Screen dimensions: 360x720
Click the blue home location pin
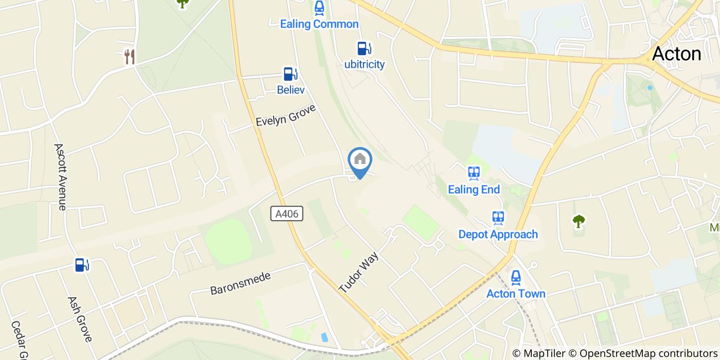tap(360, 160)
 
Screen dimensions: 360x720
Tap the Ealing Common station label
tap(319, 24)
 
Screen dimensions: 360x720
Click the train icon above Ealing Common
tap(319, 8)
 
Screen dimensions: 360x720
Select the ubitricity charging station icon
tap(364, 48)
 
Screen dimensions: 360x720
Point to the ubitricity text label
tap(364, 65)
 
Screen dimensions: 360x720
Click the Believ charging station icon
tap(291, 74)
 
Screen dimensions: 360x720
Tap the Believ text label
tap(291, 90)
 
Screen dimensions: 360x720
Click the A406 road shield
tap(286, 214)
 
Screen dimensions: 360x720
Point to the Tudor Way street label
tap(359, 273)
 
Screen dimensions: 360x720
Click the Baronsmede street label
tap(240, 283)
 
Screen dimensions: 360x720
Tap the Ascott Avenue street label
tap(61, 176)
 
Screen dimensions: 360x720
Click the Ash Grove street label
tap(79, 319)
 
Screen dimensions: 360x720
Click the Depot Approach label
tap(498, 235)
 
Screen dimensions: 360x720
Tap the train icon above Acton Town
tap(516, 278)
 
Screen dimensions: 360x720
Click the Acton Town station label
tap(516, 294)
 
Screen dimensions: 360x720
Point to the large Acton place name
tap(676, 54)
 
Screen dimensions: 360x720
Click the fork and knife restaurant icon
tap(130, 57)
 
